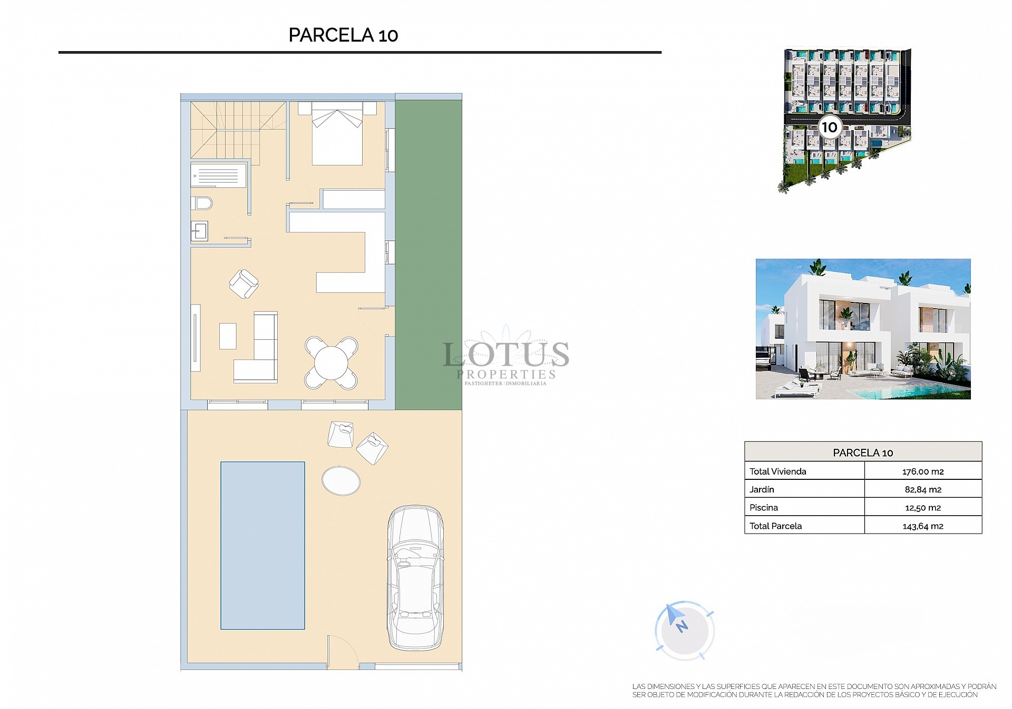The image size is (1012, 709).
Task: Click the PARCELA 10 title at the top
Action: (343, 35)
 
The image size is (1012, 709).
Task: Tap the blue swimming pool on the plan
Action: (262, 545)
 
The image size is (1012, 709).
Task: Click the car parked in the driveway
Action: (415, 577)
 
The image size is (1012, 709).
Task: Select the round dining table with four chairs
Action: (331, 363)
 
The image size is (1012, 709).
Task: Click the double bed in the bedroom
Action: (337, 134)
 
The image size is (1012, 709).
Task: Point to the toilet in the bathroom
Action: (202, 203)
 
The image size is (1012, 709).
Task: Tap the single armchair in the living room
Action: (244, 284)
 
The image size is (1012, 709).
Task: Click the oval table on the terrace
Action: (341, 480)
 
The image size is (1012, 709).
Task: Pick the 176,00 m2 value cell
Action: (922, 471)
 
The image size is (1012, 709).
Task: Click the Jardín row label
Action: (762, 489)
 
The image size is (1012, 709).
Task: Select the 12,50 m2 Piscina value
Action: (922, 508)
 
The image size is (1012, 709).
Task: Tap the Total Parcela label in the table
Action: (776, 526)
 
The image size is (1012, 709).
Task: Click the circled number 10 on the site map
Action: (829, 127)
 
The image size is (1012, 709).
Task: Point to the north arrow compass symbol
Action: (684, 629)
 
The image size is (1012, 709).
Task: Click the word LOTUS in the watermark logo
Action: (506, 354)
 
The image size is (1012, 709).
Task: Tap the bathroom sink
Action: (200, 231)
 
